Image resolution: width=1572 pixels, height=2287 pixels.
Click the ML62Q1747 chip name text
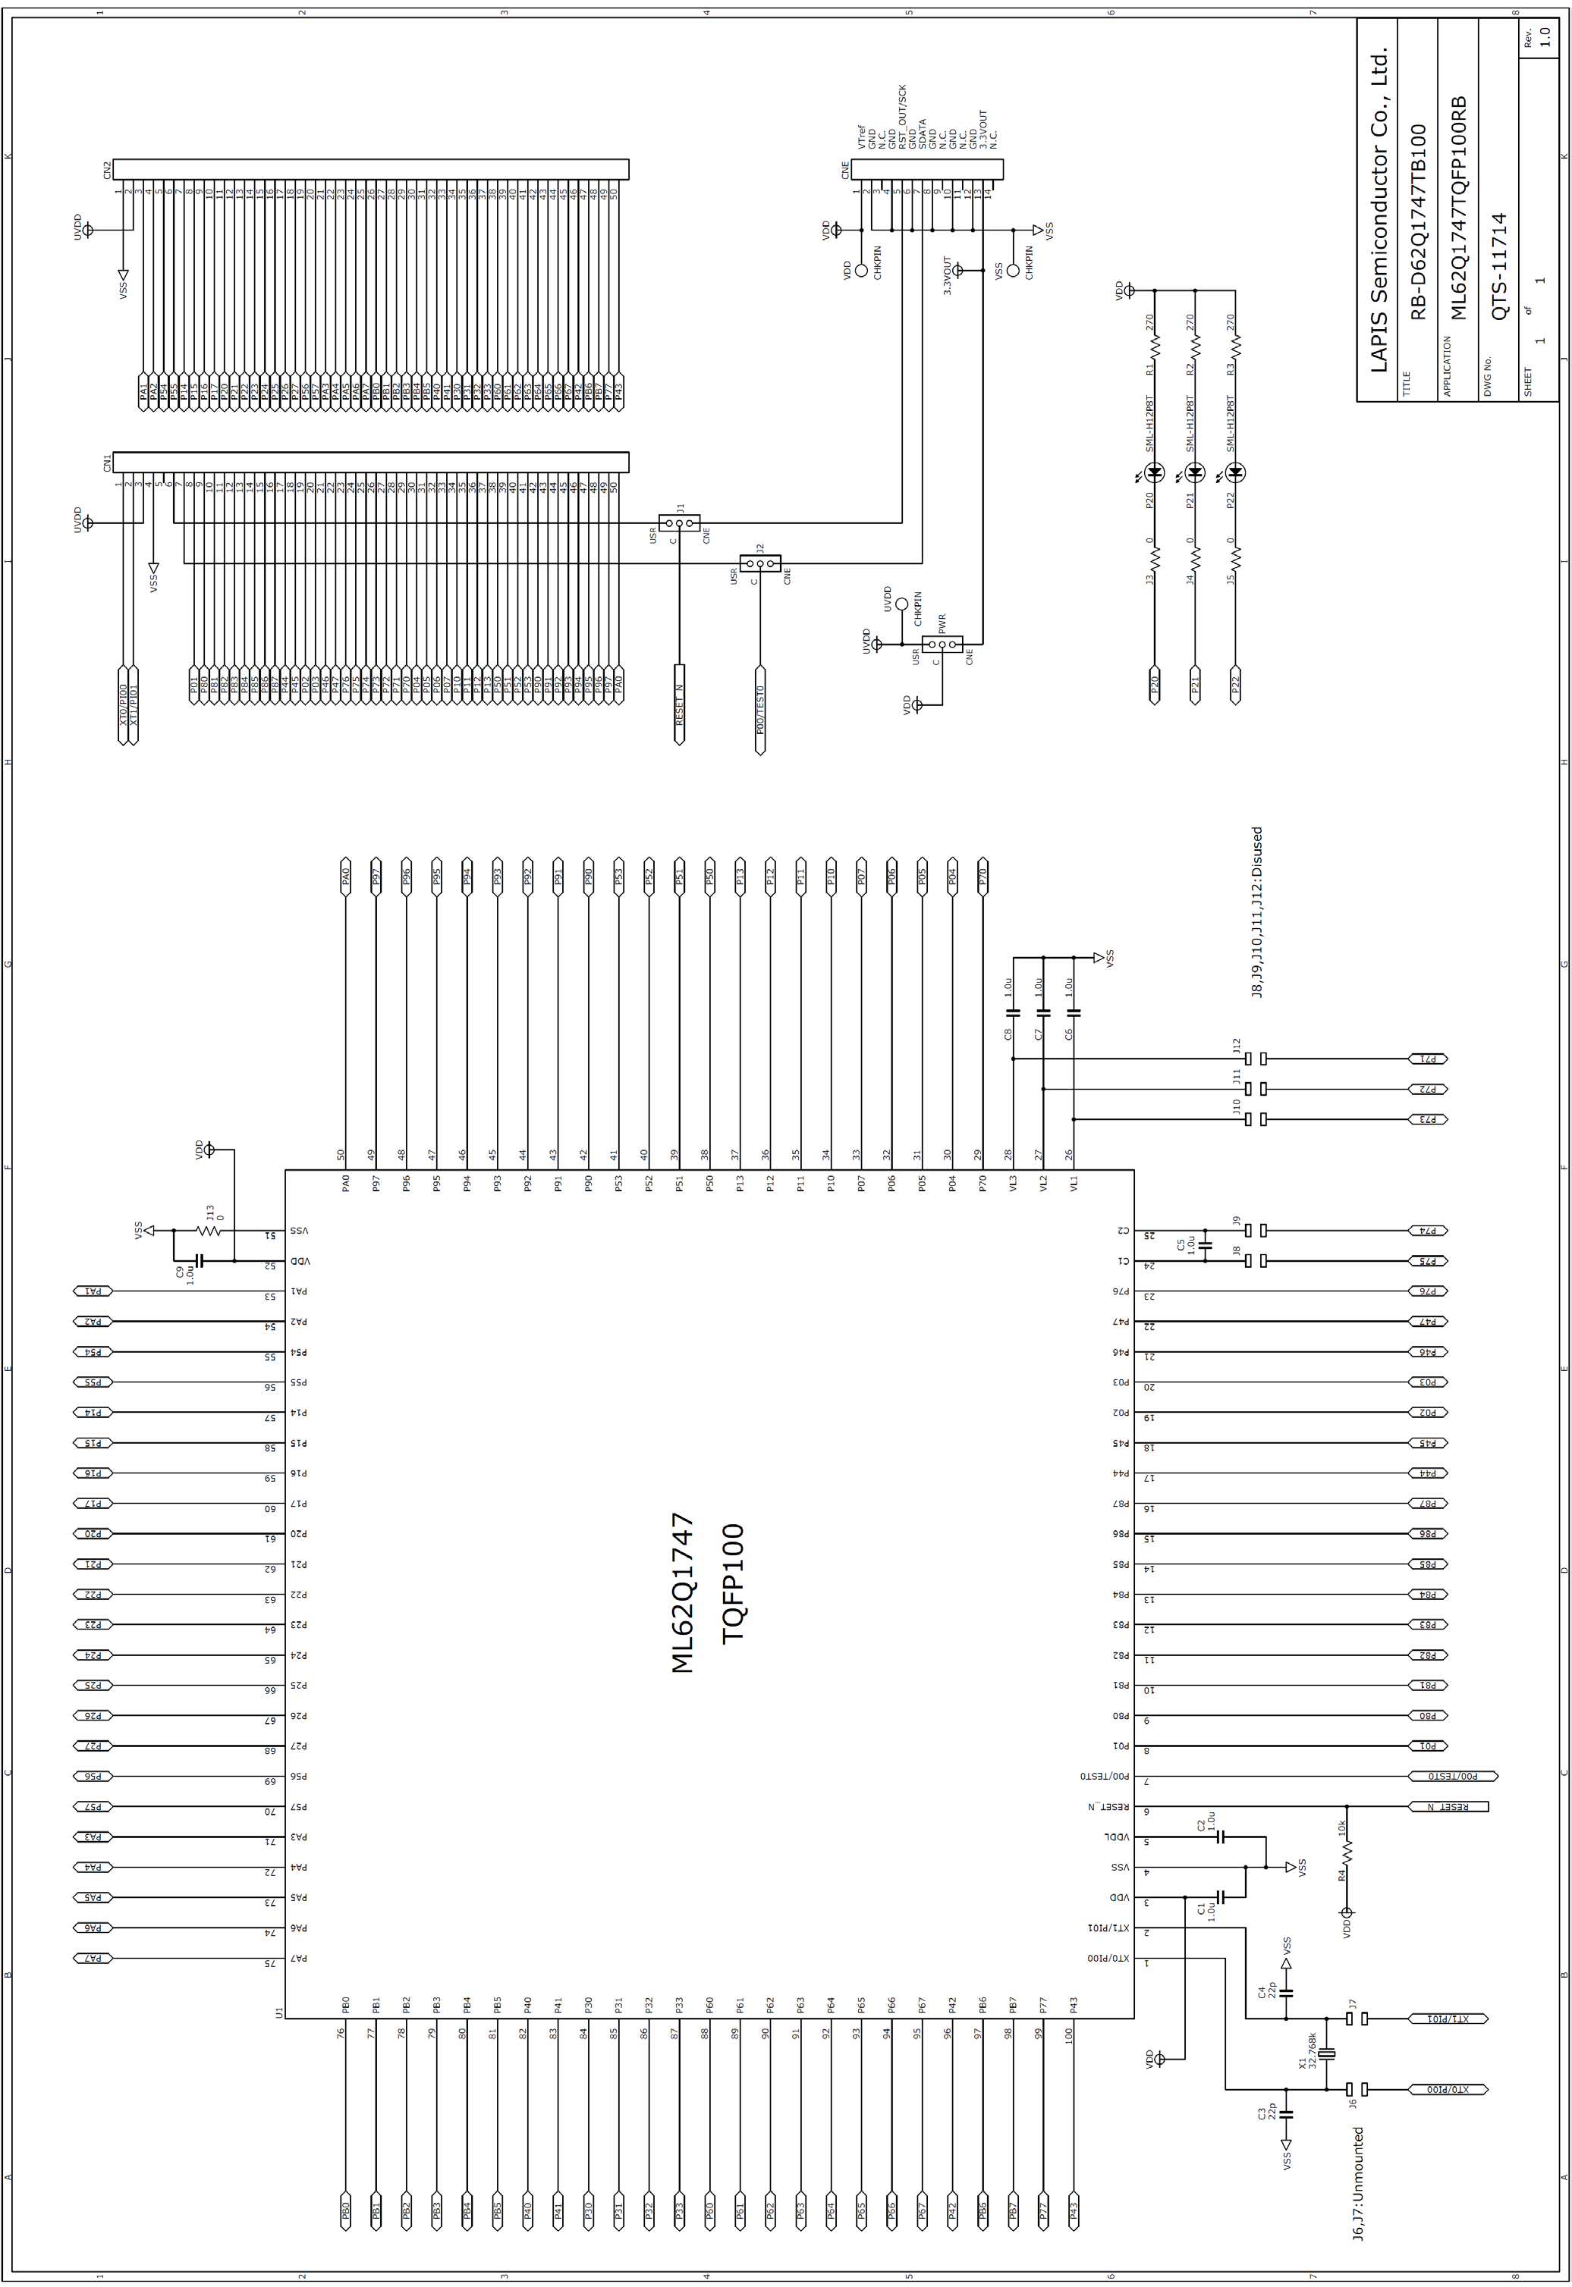click(x=683, y=1593)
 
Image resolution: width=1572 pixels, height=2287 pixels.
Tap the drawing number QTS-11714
click(x=1498, y=266)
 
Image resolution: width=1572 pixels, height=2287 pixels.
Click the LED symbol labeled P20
click(x=1155, y=472)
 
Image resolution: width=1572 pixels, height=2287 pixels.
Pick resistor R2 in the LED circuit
click(x=1196, y=347)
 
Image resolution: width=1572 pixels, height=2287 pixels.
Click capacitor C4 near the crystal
click(x=1285, y=1991)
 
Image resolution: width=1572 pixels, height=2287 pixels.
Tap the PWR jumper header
click(x=942, y=645)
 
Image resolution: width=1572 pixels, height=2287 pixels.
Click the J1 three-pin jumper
click(x=680, y=522)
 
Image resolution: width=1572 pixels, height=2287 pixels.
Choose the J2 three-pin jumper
click(x=760, y=564)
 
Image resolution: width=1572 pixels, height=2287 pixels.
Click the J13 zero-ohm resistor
click(x=208, y=1231)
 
